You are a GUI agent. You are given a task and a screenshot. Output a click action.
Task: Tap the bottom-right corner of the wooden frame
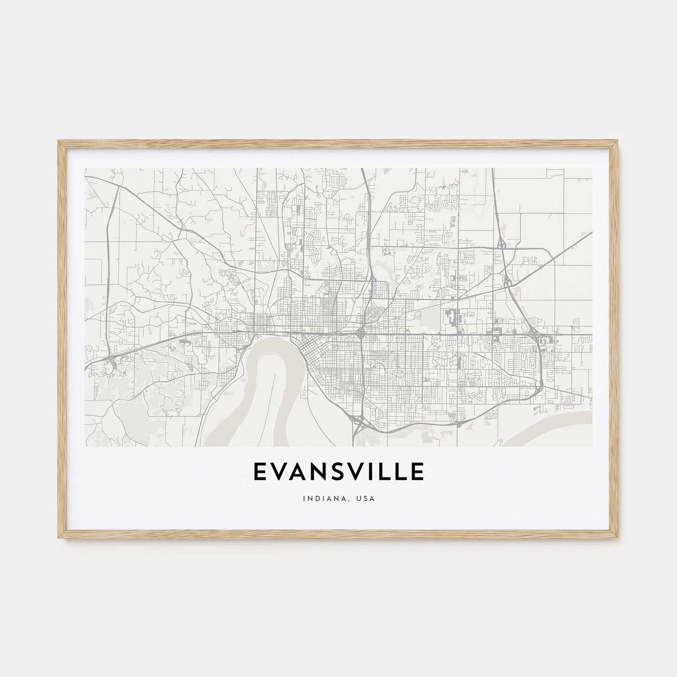(618, 539)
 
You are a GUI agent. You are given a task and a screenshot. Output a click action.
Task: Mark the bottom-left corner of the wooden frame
(59, 539)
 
